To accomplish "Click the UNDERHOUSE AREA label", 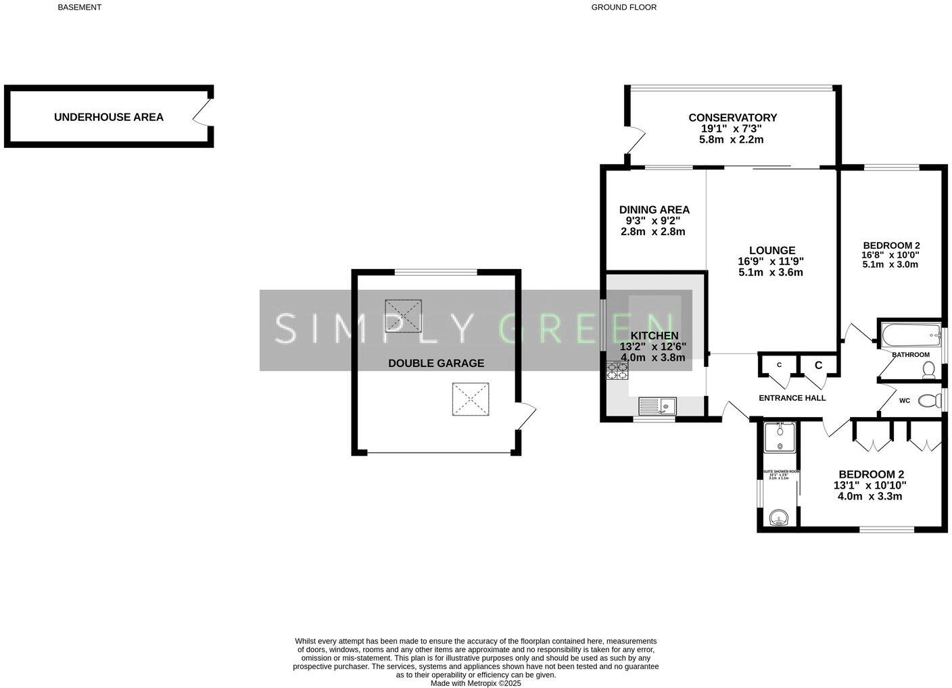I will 108,117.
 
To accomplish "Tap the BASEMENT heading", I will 79,7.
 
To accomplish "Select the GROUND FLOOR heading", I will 623,7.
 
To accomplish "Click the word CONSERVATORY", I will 732,118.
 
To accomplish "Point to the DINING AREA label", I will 654,210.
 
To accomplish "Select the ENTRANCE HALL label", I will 792,398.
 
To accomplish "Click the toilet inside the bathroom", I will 929,370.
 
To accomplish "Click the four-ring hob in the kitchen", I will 617,369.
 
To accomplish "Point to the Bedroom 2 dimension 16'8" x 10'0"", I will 890,255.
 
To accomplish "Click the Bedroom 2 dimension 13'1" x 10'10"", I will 870,485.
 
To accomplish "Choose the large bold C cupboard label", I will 818,366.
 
